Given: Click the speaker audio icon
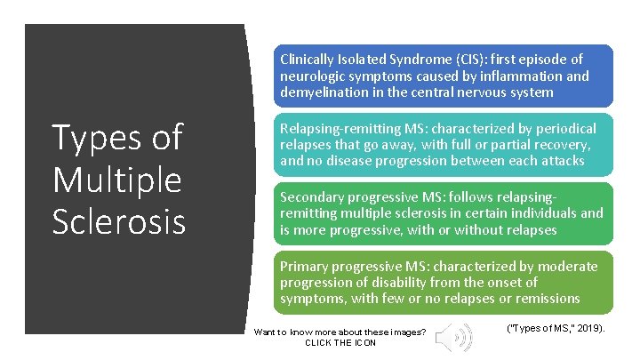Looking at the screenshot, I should [x=458, y=337].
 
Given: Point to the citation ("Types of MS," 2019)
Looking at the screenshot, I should [x=556, y=328].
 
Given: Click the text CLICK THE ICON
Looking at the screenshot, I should [x=340, y=343].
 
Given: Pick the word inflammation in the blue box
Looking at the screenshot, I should [x=527, y=76].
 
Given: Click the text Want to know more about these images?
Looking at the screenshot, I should [x=340, y=332].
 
